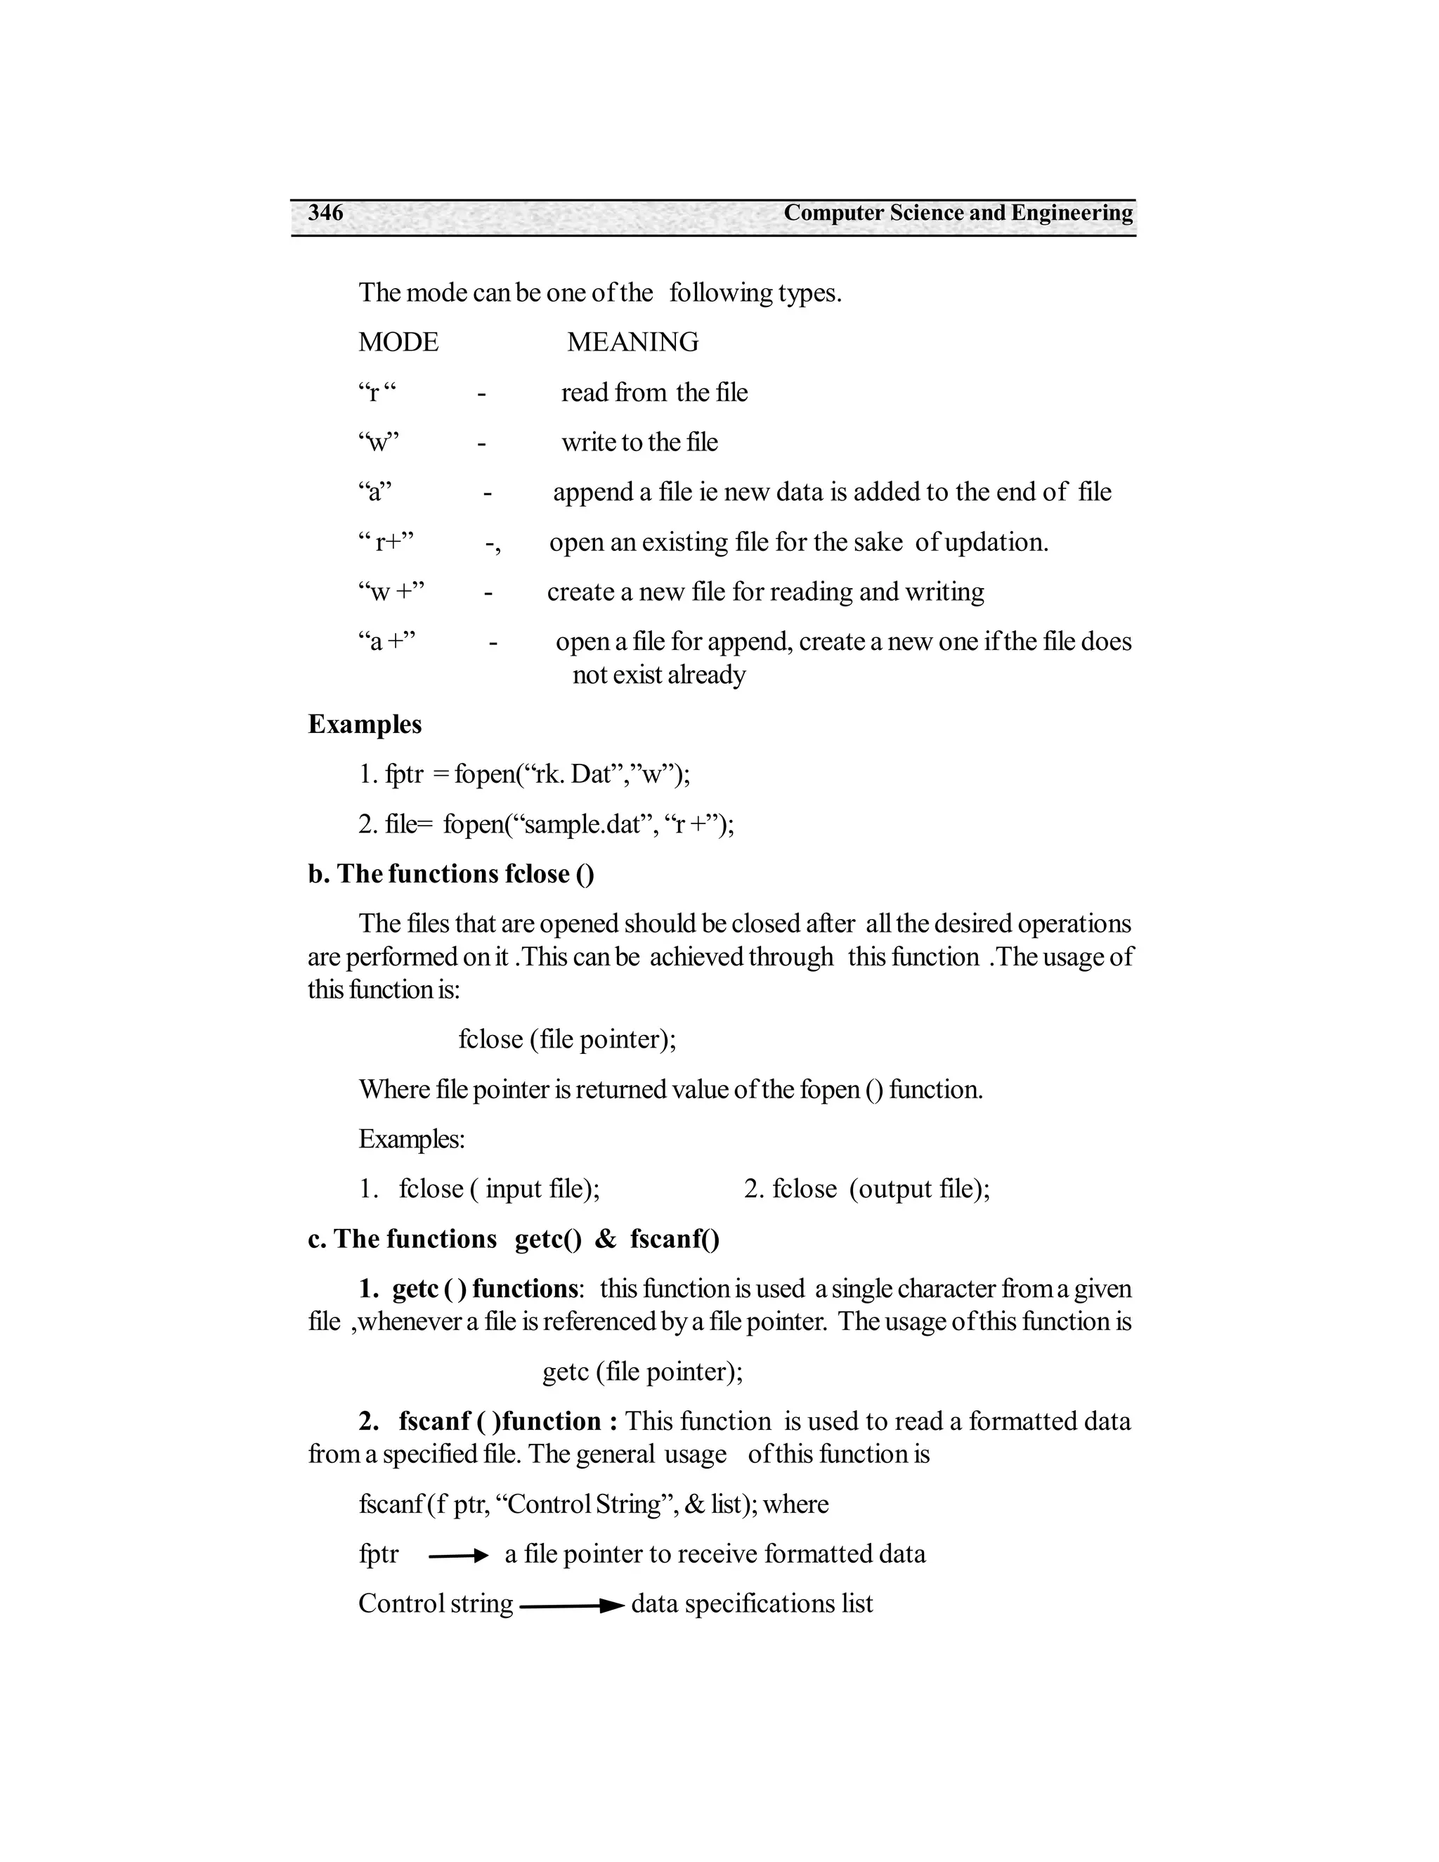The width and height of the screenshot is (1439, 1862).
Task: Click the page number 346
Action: point(325,212)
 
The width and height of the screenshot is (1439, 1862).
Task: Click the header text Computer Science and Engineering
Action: point(958,212)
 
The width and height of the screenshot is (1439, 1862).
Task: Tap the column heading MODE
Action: point(398,342)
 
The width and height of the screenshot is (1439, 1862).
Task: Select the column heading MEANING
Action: point(632,342)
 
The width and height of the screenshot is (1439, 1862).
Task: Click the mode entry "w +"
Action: point(391,592)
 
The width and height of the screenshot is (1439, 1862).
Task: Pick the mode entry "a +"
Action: point(387,641)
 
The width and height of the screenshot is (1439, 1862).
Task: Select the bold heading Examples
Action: point(365,724)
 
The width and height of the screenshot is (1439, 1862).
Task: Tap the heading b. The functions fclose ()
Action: point(451,874)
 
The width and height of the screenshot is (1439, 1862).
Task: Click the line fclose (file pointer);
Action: point(567,1039)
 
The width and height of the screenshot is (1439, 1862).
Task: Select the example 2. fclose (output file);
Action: point(866,1188)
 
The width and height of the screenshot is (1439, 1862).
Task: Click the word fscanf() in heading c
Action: point(675,1239)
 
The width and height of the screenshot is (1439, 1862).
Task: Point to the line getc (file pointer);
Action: point(642,1371)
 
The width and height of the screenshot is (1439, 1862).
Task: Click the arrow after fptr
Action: point(458,1556)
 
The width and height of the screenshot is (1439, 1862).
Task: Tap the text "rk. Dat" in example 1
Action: point(571,774)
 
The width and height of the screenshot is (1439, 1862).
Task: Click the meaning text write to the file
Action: point(639,443)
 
